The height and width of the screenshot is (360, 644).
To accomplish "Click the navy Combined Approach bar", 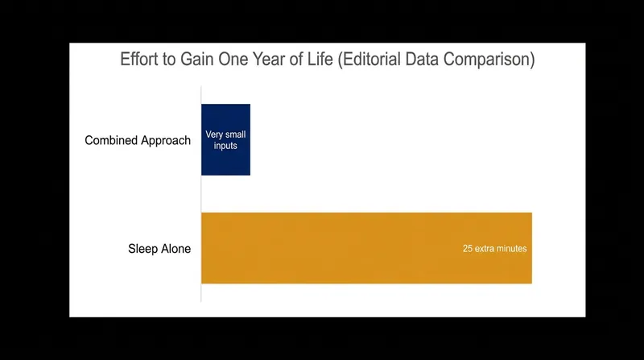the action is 225,139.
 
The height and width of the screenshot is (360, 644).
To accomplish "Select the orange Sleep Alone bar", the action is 366,248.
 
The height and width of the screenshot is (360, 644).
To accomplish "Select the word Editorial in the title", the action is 369,60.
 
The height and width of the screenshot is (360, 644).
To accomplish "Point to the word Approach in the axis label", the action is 166,141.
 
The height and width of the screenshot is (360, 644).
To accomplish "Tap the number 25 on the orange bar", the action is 468,249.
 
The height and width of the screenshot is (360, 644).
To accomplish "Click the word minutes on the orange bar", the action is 511,249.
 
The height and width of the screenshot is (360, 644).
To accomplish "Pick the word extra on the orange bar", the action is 485,249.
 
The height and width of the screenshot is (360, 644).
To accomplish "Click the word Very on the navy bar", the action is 214,134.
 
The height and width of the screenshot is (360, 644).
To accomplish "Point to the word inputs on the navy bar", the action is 225,146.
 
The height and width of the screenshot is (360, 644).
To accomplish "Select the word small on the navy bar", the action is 235,134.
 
